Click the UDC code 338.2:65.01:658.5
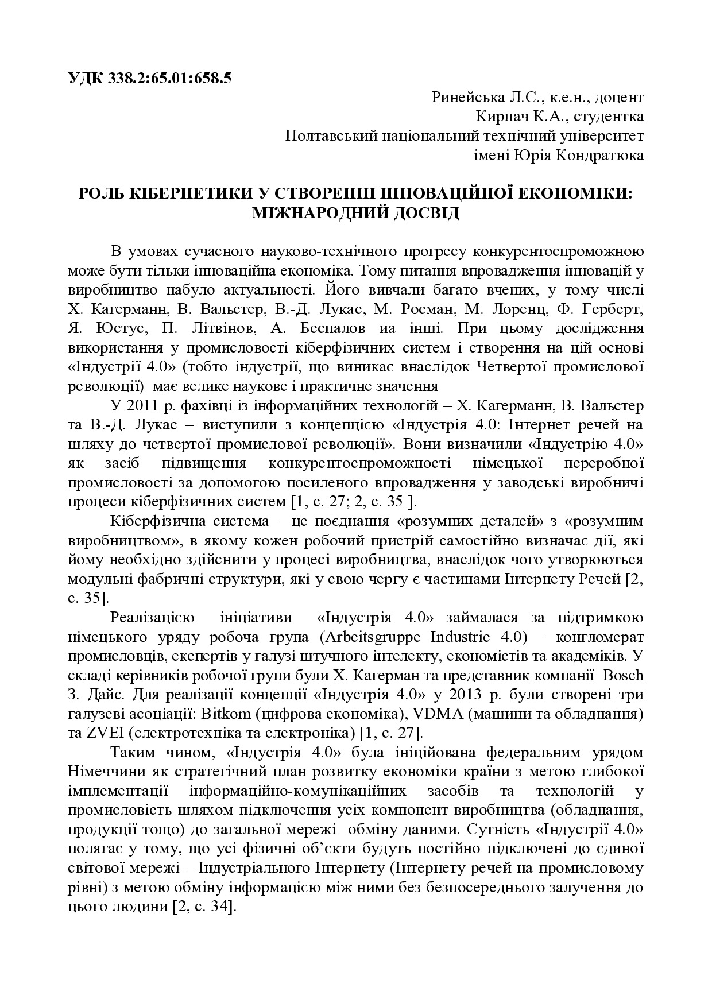click(x=168, y=78)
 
